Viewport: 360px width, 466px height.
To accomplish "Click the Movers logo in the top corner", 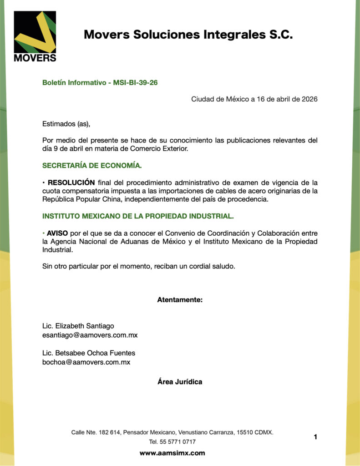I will pyautogui.click(x=35, y=36).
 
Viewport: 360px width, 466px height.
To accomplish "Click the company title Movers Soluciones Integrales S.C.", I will pyautogui.click(x=188, y=35).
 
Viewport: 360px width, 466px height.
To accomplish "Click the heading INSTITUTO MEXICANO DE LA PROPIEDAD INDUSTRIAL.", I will pyautogui.click(x=138, y=216).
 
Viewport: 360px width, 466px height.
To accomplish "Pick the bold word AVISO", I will pyautogui.click(x=57, y=233).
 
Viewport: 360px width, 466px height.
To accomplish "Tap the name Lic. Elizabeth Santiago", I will pyautogui.click(x=78, y=326).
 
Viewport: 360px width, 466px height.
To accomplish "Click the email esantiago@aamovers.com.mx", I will pyautogui.click(x=90, y=335).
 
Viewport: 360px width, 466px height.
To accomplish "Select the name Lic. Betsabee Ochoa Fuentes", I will pyautogui.click(x=88, y=353).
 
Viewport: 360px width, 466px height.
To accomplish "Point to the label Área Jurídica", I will pyautogui.click(x=180, y=381).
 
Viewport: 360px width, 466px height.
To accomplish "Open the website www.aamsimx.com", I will pyautogui.click(x=172, y=453).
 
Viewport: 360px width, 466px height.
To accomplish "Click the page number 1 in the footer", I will pyautogui.click(x=315, y=437).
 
